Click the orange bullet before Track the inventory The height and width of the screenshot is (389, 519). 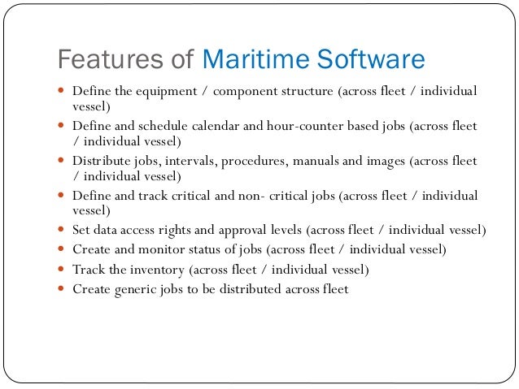point(62,269)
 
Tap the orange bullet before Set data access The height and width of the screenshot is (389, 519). point(62,230)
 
